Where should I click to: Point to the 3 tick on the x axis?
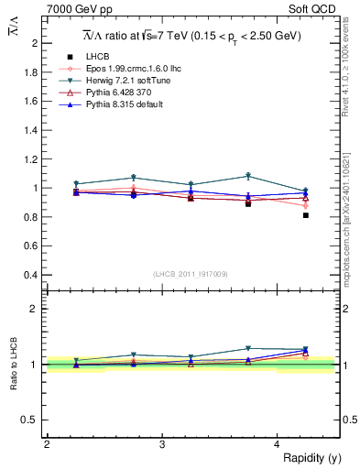click(x=162, y=444)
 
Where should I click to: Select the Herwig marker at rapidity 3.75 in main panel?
click(x=248, y=176)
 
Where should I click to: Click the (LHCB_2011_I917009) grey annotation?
click(x=191, y=274)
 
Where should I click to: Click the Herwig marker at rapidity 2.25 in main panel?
click(x=76, y=184)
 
